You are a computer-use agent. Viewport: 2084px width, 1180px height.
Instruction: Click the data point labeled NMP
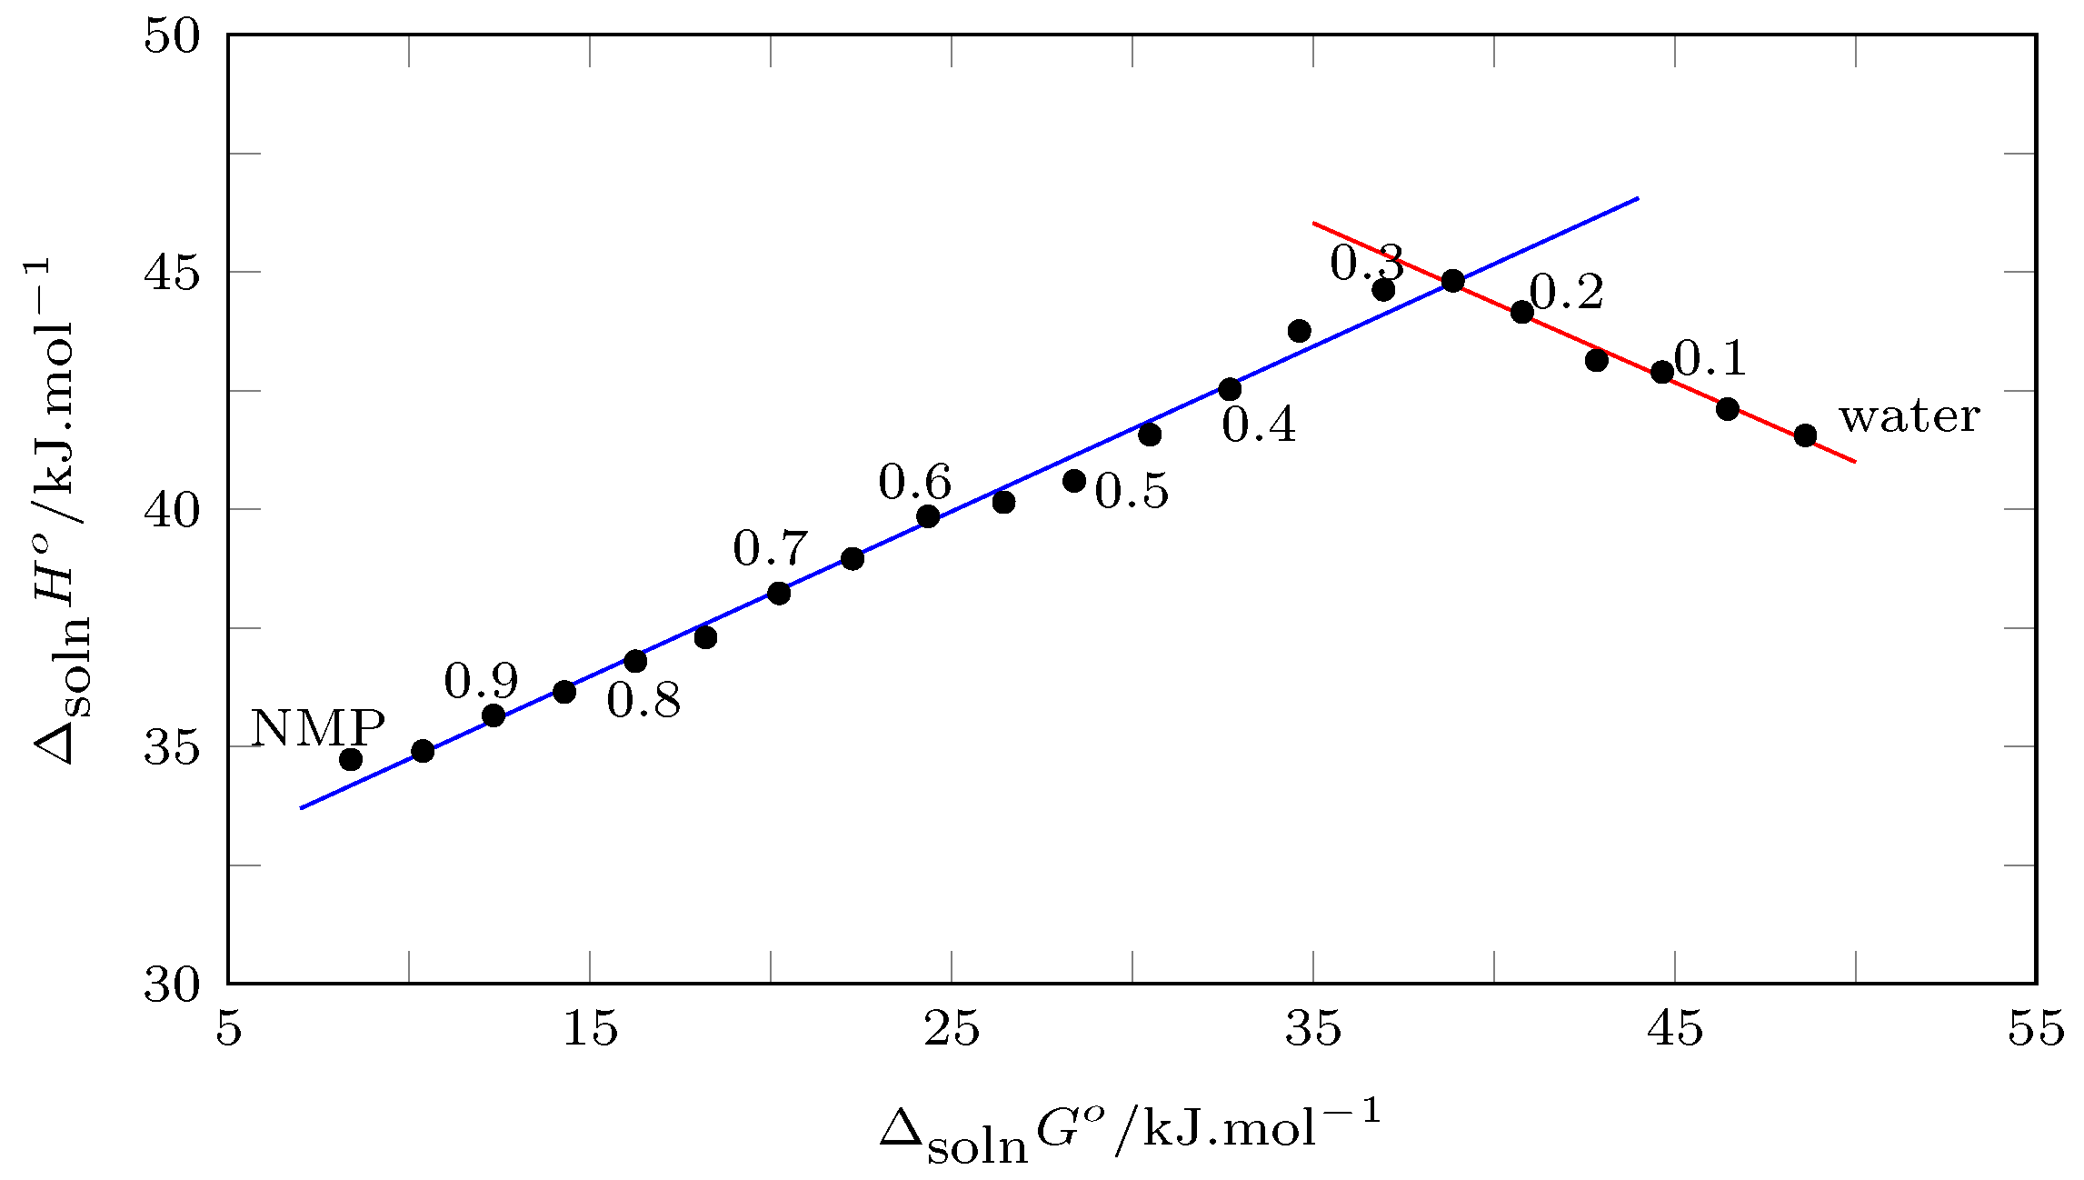point(351,759)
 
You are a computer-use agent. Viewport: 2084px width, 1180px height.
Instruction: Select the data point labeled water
point(1805,435)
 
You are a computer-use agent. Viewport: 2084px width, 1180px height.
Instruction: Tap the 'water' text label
point(1910,417)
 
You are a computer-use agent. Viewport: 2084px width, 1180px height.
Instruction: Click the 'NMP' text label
point(317,728)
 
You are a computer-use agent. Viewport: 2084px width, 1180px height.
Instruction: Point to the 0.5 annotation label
point(1132,492)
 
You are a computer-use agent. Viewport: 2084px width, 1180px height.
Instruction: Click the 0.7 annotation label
point(770,549)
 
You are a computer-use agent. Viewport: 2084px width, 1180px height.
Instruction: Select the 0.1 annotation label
point(1710,359)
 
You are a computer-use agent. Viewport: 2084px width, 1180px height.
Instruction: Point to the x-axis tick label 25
point(952,1031)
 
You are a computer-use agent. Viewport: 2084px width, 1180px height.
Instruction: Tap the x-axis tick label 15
point(590,1031)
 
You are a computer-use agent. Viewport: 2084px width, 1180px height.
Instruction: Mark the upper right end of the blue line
point(1638,197)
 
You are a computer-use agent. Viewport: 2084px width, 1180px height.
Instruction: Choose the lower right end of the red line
point(1855,462)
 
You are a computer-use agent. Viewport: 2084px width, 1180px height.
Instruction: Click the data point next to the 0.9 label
point(494,715)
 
